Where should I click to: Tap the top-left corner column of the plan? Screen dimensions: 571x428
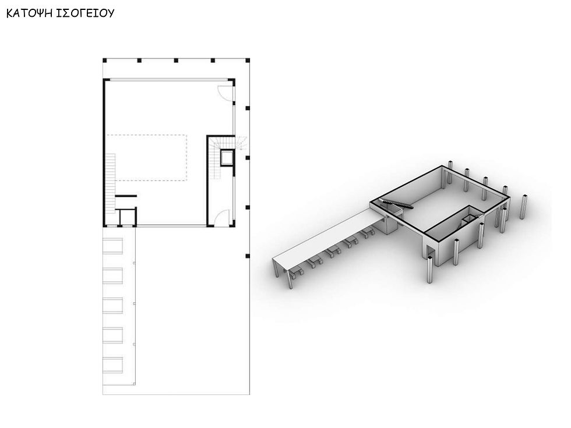(x=104, y=60)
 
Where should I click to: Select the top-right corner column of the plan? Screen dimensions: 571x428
(x=248, y=60)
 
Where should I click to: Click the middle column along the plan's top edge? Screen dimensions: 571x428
(x=176, y=60)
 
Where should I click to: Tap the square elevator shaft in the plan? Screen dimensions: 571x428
(x=225, y=158)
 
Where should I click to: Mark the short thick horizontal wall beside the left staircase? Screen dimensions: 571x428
(x=125, y=196)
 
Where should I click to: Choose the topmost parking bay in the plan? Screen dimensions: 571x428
(x=113, y=246)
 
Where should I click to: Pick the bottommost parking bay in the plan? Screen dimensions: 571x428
(x=113, y=365)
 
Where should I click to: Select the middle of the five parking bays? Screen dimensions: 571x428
(x=113, y=305)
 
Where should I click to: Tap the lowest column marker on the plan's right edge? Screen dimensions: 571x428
(x=248, y=256)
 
